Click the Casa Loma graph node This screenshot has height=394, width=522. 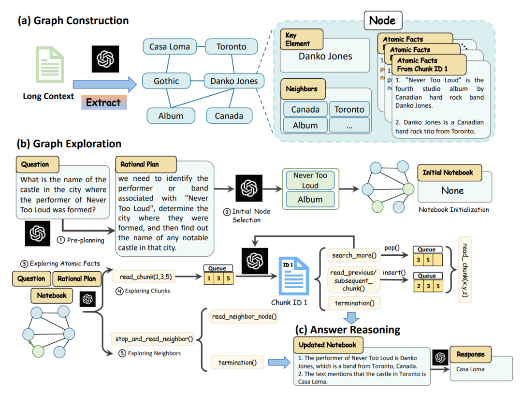coord(170,47)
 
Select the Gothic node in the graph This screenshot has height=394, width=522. coord(166,81)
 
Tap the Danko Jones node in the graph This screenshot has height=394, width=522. coord(234,81)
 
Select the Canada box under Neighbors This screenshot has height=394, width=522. coord(305,109)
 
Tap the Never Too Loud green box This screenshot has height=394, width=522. coord(310,180)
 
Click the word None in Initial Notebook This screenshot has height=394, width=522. coord(452,190)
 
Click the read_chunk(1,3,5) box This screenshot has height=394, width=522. coord(145,277)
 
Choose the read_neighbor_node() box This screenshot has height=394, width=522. coord(244,317)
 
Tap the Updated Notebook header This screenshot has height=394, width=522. coord(328,345)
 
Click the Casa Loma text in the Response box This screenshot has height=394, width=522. coord(469,369)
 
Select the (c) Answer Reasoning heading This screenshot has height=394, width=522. coord(348,330)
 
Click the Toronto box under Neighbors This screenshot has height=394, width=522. coord(349,109)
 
